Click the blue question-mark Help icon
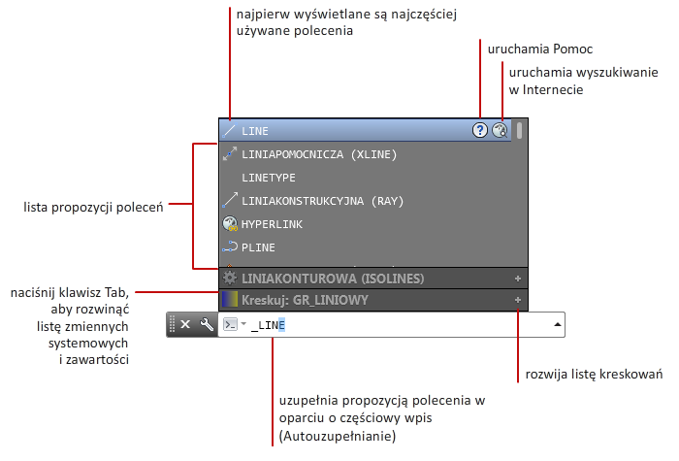[x=480, y=130]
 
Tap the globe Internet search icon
[x=500, y=130]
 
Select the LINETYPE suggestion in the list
[x=269, y=178]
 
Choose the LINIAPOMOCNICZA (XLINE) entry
[x=319, y=154]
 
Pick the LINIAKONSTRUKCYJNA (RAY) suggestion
[x=323, y=201]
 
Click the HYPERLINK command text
[x=272, y=224]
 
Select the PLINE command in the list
[x=258, y=247]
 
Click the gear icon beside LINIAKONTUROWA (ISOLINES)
[x=230, y=279]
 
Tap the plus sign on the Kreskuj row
[x=517, y=300]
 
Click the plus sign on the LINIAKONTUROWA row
[x=517, y=279]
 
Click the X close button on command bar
[x=185, y=324]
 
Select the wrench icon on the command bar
[x=207, y=324]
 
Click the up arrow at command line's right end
[x=558, y=324]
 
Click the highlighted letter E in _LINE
[x=281, y=325]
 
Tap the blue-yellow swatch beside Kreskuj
[x=230, y=300]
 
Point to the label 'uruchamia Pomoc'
[x=540, y=49]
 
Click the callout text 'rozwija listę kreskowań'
[x=594, y=375]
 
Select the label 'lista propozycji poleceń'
[x=93, y=208]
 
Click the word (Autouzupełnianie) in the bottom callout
[x=338, y=436]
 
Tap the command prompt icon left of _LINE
[x=230, y=324]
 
